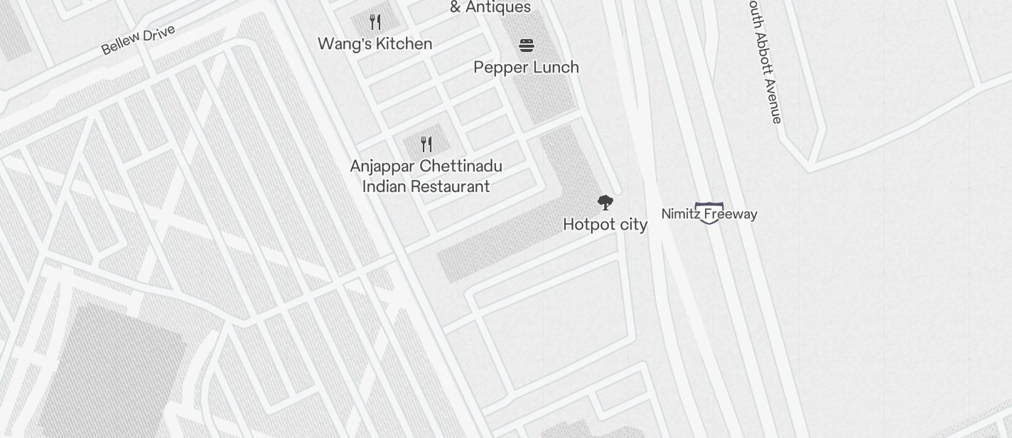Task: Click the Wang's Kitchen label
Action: click(375, 44)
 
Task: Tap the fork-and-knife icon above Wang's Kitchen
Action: click(375, 22)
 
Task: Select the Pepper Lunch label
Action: click(526, 68)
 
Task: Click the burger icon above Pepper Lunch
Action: click(526, 46)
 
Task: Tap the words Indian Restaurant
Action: click(426, 187)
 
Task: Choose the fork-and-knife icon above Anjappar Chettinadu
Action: click(426, 144)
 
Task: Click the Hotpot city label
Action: click(605, 225)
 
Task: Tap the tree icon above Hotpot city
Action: click(605, 203)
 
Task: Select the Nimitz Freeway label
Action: click(709, 214)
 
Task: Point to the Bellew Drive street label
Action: click(138, 39)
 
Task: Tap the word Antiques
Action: click(498, 8)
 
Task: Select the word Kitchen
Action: click(404, 44)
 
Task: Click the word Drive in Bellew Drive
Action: click(158, 33)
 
